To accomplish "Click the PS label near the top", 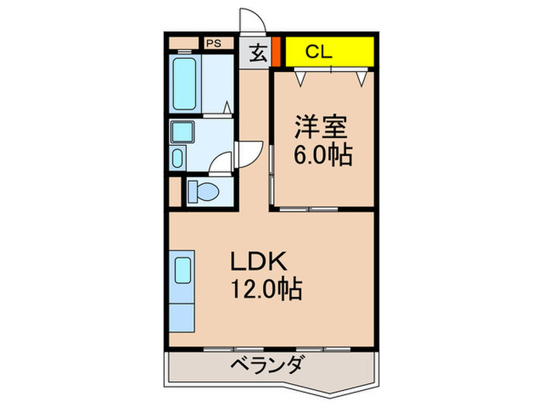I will pyautogui.click(x=213, y=43).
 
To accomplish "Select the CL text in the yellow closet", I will pyautogui.click(x=318, y=52).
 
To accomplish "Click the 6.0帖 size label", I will pyautogui.click(x=322, y=155).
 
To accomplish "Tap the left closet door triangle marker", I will pyautogui.click(x=301, y=77).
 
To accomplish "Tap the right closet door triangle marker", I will pyautogui.click(x=361, y=77).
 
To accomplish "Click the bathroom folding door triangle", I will pyautogui.click(x=227, y=108).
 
